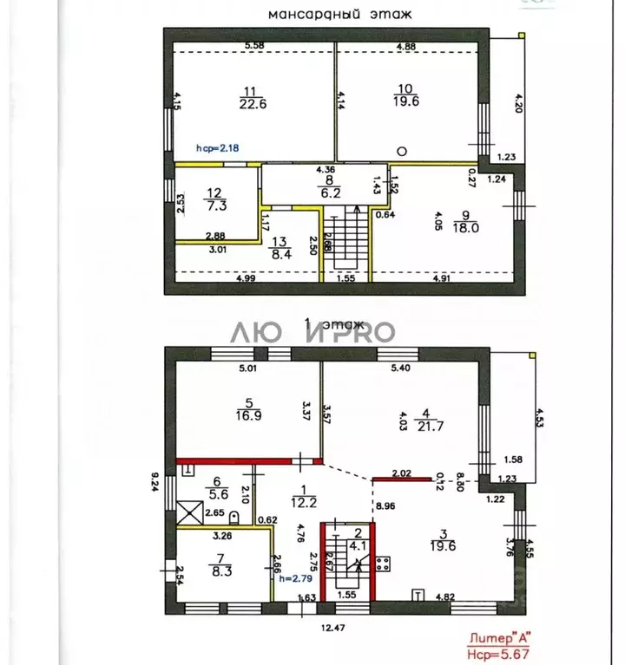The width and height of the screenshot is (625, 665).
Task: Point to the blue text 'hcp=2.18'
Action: (217, 148)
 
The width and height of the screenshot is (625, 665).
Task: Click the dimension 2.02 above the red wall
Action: (401, 473)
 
